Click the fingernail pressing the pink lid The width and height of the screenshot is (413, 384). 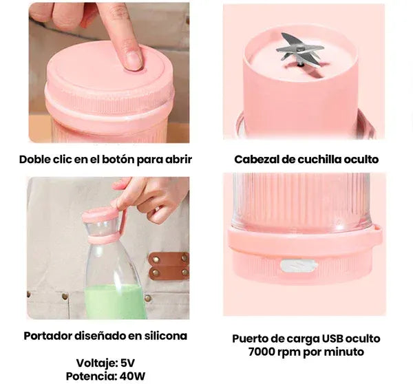click(x=132, y=59)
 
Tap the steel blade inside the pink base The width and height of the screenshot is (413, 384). click(x=299, y=50)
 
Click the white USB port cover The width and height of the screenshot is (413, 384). click(x=299, y=266)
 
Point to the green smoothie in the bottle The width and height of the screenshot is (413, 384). click(x=115, y=301)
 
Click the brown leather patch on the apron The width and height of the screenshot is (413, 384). click(x=169, y=266)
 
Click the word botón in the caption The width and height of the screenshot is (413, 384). click(x=118, y=160)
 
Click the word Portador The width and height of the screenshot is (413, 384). click(x=47, y=336)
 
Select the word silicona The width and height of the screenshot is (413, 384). click(x=166, y=336)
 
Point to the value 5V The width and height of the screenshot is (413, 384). click(x=127, y=363)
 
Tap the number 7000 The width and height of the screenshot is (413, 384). click(x=262, y=352)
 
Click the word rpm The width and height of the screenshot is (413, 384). click(x=289, y=352)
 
